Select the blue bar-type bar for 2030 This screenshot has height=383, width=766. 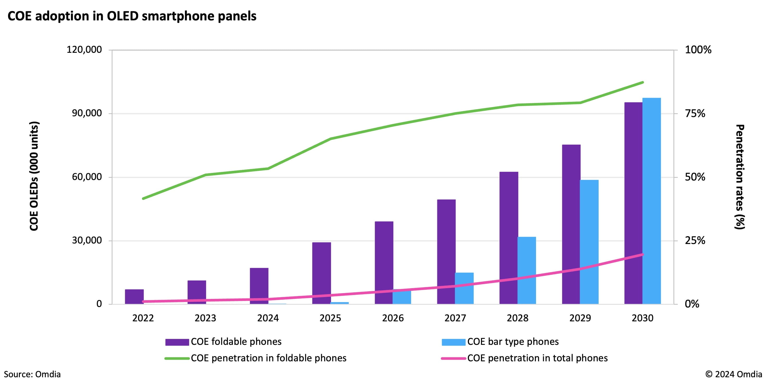pyautogui.click(x=652, y=201)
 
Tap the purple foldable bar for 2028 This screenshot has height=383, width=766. pyautogui.click(x=509, y=238)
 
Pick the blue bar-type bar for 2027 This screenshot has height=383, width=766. pyautogui.click(x=464, y=288)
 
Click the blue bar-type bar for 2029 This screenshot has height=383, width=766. pyautogui.click(x=589, y=242)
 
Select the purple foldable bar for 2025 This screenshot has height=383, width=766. pyautogui.click(x=321, y=273)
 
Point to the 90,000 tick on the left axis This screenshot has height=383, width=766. pyautogui.click(x=87, y=113)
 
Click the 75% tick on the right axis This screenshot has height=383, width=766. pyautogui.click(x=695, y=113)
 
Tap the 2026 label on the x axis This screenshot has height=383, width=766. pyautogui.click(x=393, y=318)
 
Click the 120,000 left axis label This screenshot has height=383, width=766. pyautogui.click(x=84, y=49)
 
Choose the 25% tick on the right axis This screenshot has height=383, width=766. pyautogui.click(x=695, y=240)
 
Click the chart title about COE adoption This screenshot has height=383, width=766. pyautogui.click(x=132, y=16)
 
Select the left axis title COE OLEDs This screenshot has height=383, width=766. pyautogui.click(x=34, y=176)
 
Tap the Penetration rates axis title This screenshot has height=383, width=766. pyautogui.click(x=740, y=177)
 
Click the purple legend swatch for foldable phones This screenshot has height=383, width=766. pyautogui.click(x=177, y=342)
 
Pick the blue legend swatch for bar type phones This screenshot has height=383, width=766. pyautogui.click(x=454, y=342)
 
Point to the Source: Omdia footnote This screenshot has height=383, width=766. pyautogui.click(x=32, y=374)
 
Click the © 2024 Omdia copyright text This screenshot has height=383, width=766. pyautogui.click(x=733, y=374)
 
